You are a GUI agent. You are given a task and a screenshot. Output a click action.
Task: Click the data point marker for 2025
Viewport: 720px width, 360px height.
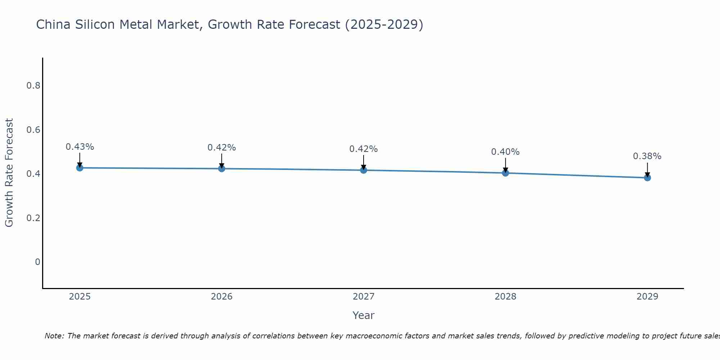80,168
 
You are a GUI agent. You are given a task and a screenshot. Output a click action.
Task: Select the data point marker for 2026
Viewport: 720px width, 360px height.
221,168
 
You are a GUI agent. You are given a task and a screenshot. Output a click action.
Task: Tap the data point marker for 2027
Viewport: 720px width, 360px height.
364,170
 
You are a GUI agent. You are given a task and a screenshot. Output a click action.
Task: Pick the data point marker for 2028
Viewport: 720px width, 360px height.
505,173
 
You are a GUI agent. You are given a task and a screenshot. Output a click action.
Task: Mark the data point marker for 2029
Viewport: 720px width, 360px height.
647,177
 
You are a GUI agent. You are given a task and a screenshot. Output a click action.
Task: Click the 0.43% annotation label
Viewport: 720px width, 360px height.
80,147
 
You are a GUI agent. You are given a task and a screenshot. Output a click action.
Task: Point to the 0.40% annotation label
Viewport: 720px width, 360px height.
505,152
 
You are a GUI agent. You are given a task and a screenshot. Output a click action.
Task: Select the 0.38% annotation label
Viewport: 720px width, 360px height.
647,156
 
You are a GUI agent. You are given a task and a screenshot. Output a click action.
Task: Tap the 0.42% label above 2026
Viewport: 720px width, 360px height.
221,148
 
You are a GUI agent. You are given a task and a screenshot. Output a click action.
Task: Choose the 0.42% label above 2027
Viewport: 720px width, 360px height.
363,149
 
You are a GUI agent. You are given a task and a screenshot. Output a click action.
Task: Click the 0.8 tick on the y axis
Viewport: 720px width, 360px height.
33,86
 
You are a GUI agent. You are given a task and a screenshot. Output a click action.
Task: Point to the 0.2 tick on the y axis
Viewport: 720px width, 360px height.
33,218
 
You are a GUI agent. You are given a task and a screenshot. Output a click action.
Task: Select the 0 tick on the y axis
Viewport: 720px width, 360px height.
37,262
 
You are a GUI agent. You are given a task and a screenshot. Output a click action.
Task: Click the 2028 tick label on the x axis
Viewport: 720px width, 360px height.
505,297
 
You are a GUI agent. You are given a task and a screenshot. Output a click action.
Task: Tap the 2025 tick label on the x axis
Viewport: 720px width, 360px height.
80,297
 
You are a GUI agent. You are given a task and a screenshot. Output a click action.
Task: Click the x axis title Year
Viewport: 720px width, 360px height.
363,315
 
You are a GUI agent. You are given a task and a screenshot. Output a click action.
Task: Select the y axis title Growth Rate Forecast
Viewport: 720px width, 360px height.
9,173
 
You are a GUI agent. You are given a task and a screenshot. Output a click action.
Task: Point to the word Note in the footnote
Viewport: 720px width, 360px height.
54,336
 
